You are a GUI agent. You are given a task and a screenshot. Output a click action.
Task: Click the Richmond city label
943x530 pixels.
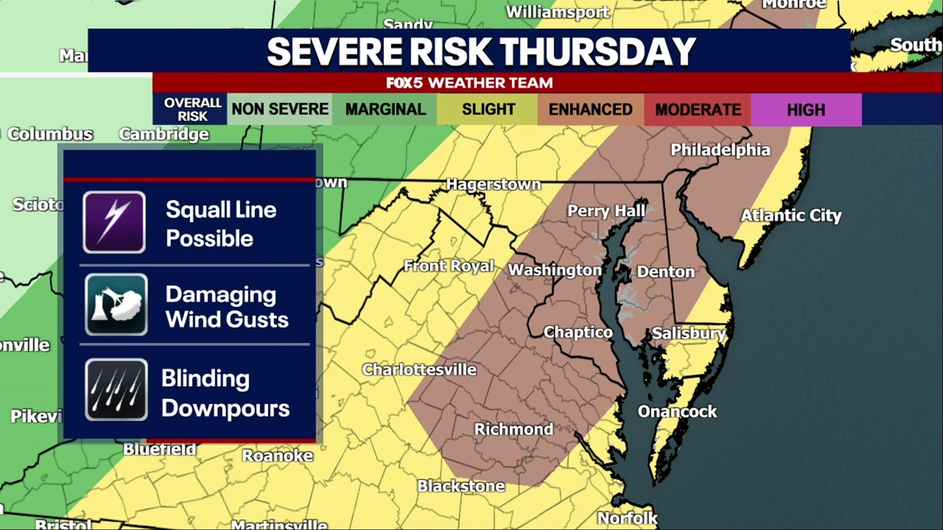point(513,429)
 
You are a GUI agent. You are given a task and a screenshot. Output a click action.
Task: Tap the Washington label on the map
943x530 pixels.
point(555,270)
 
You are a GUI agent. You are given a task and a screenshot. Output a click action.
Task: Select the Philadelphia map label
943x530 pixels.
point(720,150)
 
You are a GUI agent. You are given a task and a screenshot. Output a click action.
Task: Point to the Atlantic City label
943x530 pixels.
point(790,216)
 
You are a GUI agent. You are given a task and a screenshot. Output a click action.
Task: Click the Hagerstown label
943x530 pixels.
point(494,184)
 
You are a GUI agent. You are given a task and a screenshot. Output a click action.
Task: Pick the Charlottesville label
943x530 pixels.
point(419,370)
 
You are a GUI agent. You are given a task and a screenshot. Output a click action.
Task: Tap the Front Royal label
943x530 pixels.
point(449,266)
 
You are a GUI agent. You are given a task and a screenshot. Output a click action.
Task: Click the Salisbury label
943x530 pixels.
point(689,333)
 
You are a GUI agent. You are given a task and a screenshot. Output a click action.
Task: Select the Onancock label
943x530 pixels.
point(677,411)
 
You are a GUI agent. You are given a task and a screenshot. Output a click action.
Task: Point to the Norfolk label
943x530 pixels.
point(627,518)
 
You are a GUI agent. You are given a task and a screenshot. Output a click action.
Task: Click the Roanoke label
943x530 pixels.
point(278,456)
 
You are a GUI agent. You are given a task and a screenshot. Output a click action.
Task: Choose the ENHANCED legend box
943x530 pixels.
point(590,110)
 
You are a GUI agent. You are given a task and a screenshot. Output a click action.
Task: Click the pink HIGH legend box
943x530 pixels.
point(806,110)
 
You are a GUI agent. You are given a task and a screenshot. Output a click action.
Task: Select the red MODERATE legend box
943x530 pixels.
point(698,110)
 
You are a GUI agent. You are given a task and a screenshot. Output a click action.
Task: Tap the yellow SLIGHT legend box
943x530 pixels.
point(488,110)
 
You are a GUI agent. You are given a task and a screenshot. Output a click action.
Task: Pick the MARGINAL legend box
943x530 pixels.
point(385,110)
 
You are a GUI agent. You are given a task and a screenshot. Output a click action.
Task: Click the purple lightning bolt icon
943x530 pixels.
point(114,222)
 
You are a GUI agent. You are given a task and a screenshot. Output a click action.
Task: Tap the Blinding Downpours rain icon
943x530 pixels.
point(116,389)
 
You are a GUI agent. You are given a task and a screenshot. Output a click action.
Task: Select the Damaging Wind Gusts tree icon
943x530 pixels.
point(116,305)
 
